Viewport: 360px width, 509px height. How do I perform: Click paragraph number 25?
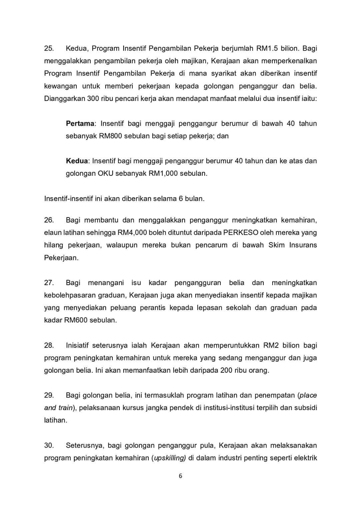(x=49, y=49)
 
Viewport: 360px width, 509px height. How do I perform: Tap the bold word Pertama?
(x=80, y=124)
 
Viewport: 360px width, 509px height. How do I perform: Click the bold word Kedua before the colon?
(x=77, y=161)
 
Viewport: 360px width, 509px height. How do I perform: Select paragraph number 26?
(x=49, y=221)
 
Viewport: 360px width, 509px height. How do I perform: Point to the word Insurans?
(x=303, y=246)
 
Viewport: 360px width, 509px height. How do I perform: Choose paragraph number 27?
(x=49, y=283)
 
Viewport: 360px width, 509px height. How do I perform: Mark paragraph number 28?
(x=49, y=345)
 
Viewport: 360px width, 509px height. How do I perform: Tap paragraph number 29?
(x=49, y=395)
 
